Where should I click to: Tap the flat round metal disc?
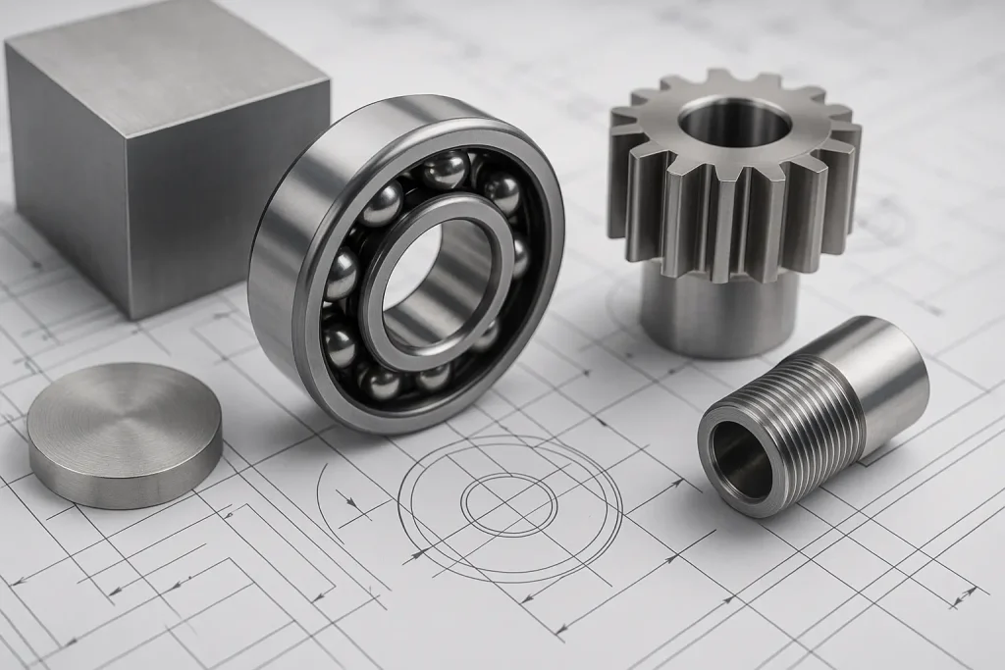(x=124, y=432)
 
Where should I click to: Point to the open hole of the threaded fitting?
(x=742, y=461)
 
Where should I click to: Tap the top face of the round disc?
(x=124, y=417)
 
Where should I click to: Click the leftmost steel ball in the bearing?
(x=340, y=274)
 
